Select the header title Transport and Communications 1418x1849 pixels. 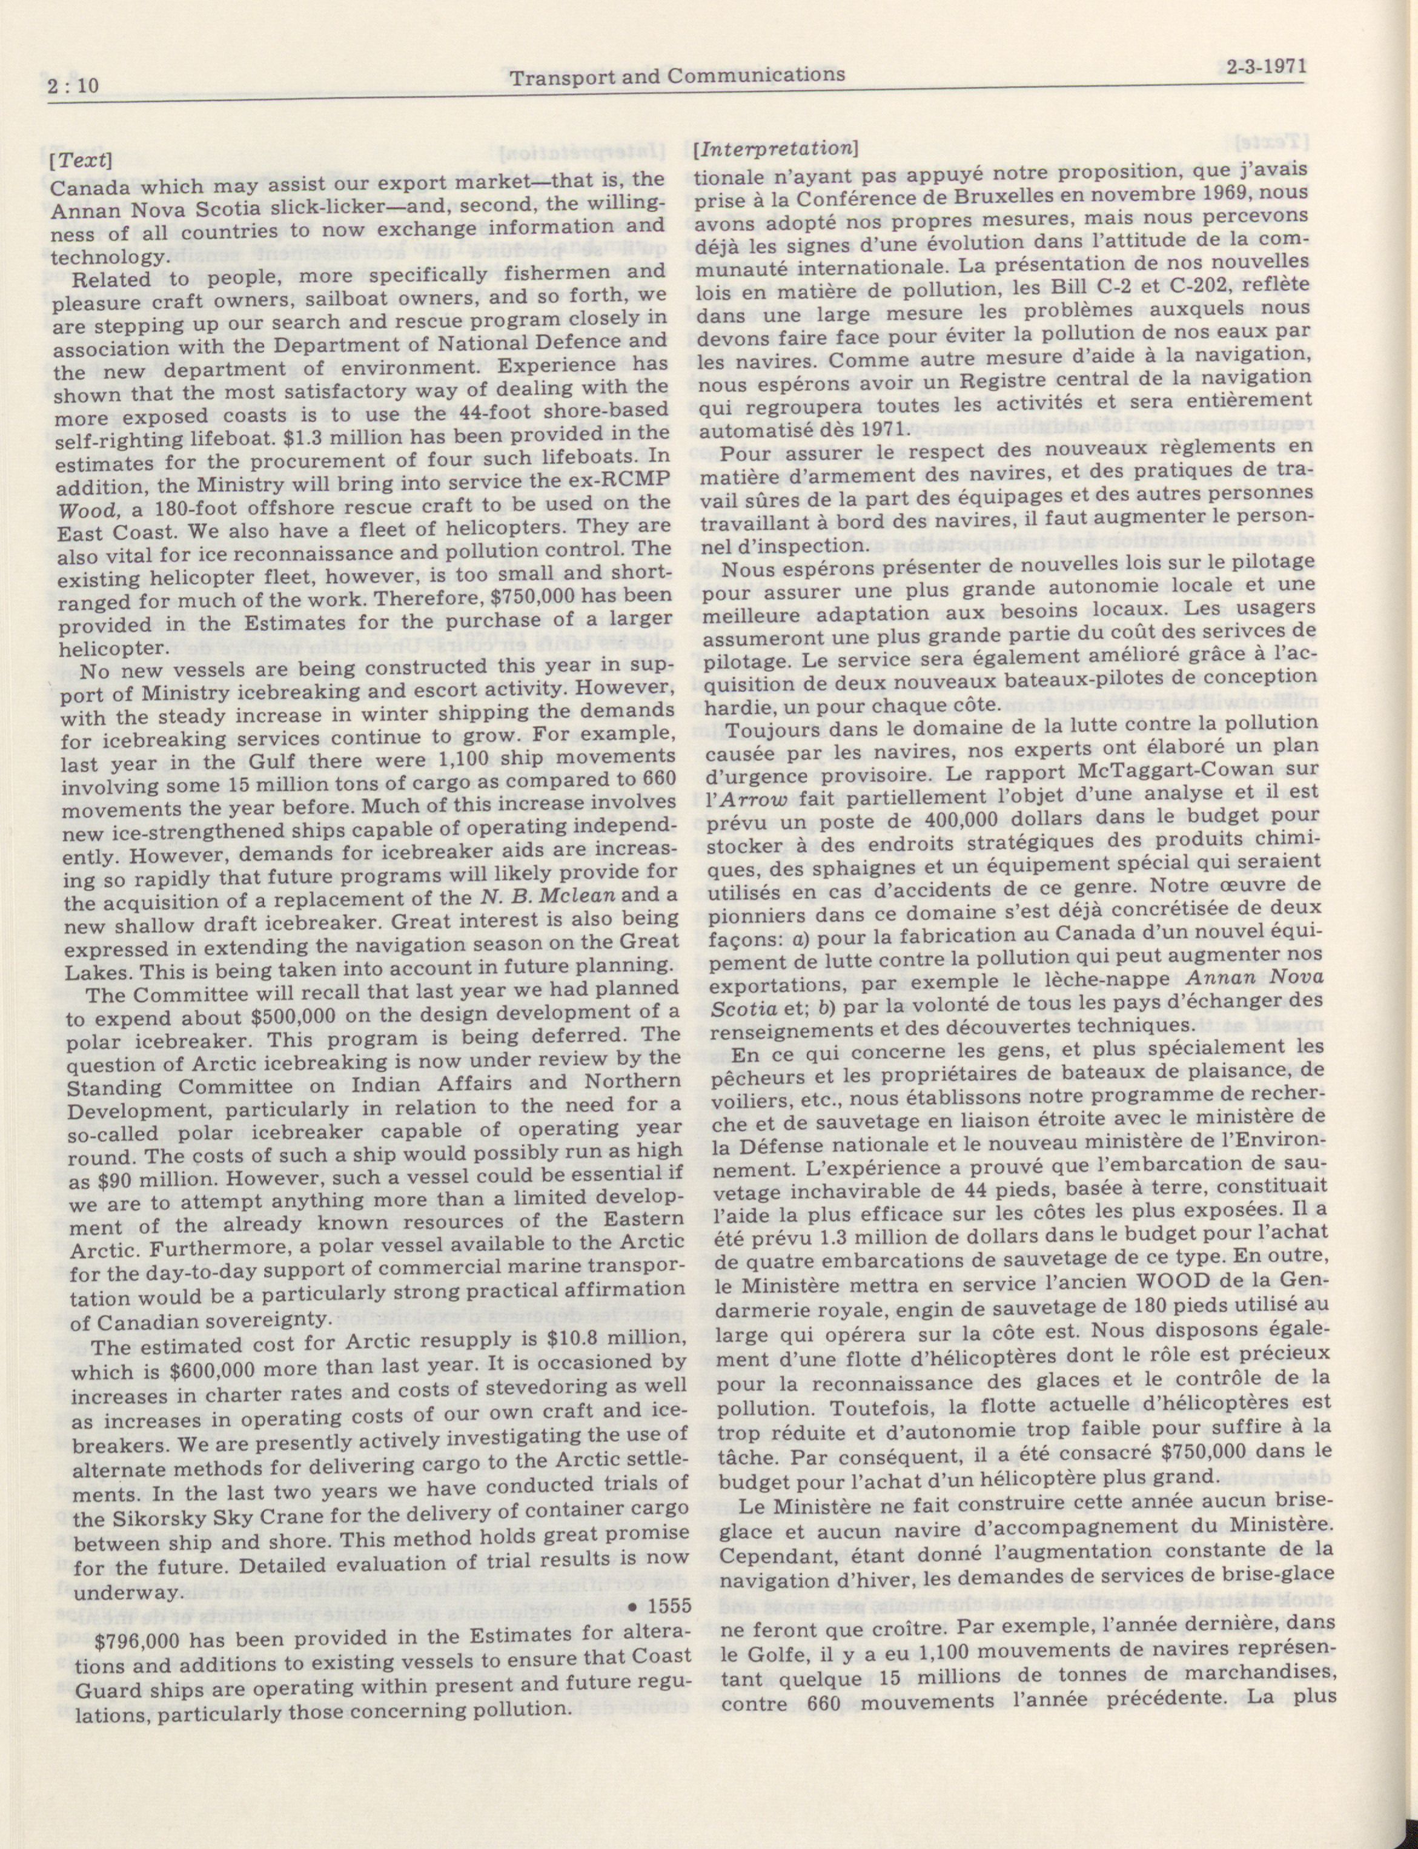click(677, 75)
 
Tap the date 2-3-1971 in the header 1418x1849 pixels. click(1261, 67)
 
